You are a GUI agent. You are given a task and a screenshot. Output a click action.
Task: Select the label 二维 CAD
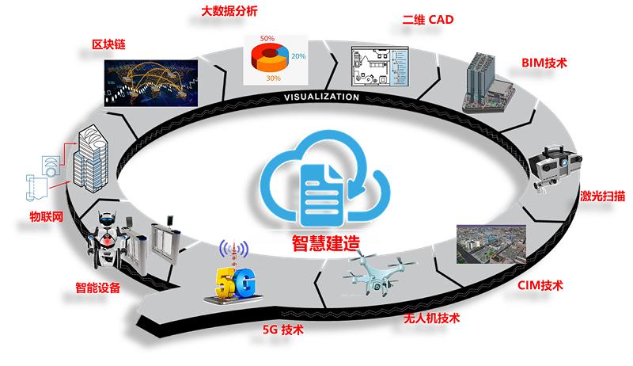427,20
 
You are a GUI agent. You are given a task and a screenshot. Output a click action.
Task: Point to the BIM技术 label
544,62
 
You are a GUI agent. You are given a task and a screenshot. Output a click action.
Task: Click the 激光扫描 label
604,196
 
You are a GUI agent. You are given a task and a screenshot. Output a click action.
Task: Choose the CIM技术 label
540,284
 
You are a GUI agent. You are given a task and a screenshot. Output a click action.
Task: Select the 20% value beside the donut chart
298,56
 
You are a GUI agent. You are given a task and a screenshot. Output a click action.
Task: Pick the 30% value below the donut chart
273,78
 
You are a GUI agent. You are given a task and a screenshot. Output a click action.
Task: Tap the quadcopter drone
372,270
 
